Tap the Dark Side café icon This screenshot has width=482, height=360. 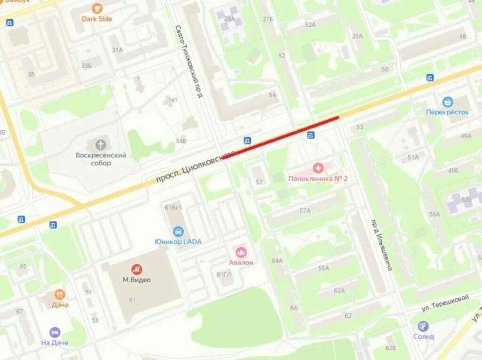[x=97, y=8]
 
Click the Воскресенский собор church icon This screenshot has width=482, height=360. [x=101, y=144]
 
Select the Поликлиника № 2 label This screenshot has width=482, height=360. [x=318, y=178]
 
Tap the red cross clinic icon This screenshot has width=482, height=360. [x=318, y=168]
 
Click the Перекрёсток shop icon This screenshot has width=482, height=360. [x=447, y=102]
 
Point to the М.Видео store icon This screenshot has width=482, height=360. [x=137, y=269]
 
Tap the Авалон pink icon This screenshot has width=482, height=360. [x=241, y=252]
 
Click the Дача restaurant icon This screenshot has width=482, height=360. [x=60, y=295]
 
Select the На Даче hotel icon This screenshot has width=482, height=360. [x=55, y=332]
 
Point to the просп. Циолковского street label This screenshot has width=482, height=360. [x=195, y=168]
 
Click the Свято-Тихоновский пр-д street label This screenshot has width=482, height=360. [x=190, y=62]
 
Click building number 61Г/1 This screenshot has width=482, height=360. [x=225, y=274]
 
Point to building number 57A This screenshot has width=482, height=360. [x=305, y=210]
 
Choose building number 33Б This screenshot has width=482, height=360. [x=86, y=65]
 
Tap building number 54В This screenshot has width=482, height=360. [x=181, y=140]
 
